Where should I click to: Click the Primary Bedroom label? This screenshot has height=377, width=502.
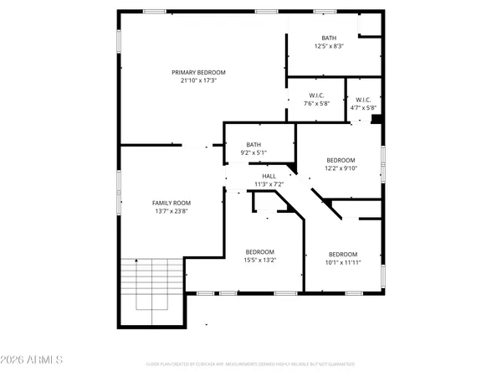click(x=198, y=72)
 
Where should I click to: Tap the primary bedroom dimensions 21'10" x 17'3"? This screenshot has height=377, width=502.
click(x=198, y=80)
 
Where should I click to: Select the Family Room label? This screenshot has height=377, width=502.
click(x=171, y=203)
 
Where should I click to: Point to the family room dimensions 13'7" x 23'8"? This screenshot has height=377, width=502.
click(x=171, y=211)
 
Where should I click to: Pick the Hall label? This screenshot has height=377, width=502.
click(x=269, y=176)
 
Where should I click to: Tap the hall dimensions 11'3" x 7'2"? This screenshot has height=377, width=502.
click(x=269, y=183)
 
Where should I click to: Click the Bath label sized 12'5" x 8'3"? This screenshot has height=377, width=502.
click(x=329, y=38)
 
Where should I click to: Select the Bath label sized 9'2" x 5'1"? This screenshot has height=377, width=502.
click(x=254, y=145)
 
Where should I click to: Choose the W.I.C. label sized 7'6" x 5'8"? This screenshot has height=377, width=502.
click(x=315, y=96)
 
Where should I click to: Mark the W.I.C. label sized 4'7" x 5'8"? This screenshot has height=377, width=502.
click(x=361, y=99)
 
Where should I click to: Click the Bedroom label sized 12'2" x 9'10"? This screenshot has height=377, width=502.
click(x=341, y=160)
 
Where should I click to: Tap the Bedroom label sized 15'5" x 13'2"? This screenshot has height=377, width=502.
click(x=259, y=252)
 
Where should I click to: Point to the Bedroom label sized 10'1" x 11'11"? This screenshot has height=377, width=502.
click(x=342, y=255)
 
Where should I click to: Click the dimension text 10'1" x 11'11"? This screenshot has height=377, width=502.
click(x=342, y=262)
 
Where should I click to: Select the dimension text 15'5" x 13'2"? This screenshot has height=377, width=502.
click(x=259, y=261)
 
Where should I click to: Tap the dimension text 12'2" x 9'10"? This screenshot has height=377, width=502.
click(x=341, y=168)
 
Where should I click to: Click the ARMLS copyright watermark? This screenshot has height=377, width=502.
click(x=33, y=359)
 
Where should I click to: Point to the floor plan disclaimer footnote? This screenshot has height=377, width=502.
click(x=250, y=364)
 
